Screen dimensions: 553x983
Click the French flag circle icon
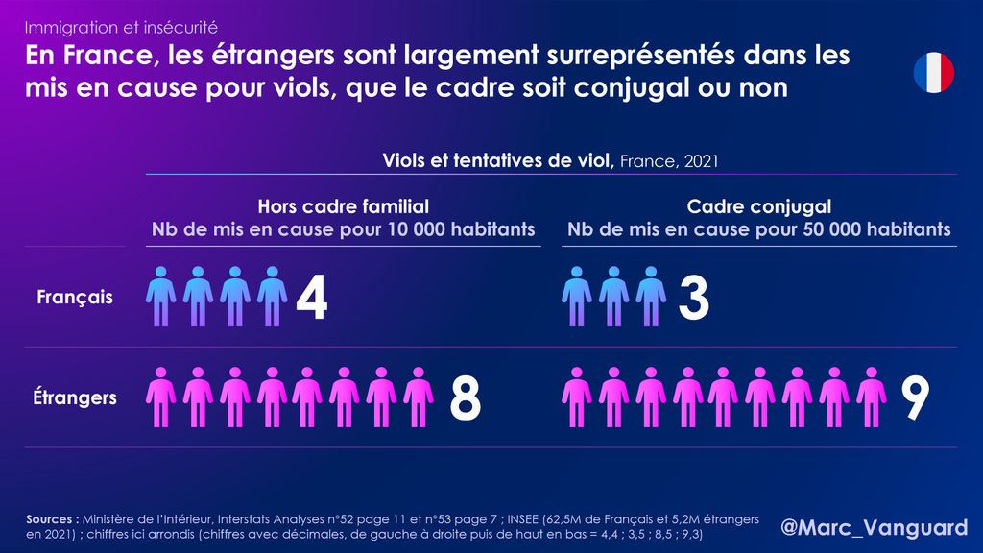coord(933,73)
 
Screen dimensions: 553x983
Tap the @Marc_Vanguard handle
coord(874,527)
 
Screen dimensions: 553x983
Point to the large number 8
coord(465,397)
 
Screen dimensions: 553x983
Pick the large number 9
coord(915,397)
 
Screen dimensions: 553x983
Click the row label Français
coord(75,298)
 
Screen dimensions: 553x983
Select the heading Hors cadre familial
coord(343,206)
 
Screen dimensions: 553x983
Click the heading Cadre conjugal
coord(758,206)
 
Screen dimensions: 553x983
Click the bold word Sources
coord(53,518)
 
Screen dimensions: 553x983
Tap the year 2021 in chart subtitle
coord(701,160)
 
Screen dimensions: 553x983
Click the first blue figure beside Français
coord(161,297)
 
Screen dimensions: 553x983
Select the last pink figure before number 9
coord(871,397)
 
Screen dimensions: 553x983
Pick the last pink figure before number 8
coord(419,397)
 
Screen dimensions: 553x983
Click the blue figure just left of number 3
coord(650,297)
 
